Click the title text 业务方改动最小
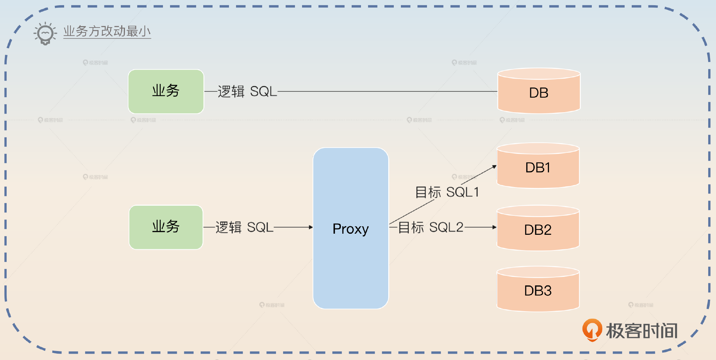[x=107, y=31]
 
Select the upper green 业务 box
[x=166, y=91]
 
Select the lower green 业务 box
[x=166, y=227]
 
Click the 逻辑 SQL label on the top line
[x=247, y=91]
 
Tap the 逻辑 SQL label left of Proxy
[x=244, y=227]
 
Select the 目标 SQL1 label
[x=447, y=192]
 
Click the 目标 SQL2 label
[x=431, y=227]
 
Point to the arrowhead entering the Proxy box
[x=311, y=227]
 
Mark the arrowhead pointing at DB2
[x=494, y=227]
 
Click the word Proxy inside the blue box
[x=351, y=229]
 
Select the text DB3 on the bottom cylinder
[x=538, y=291]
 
